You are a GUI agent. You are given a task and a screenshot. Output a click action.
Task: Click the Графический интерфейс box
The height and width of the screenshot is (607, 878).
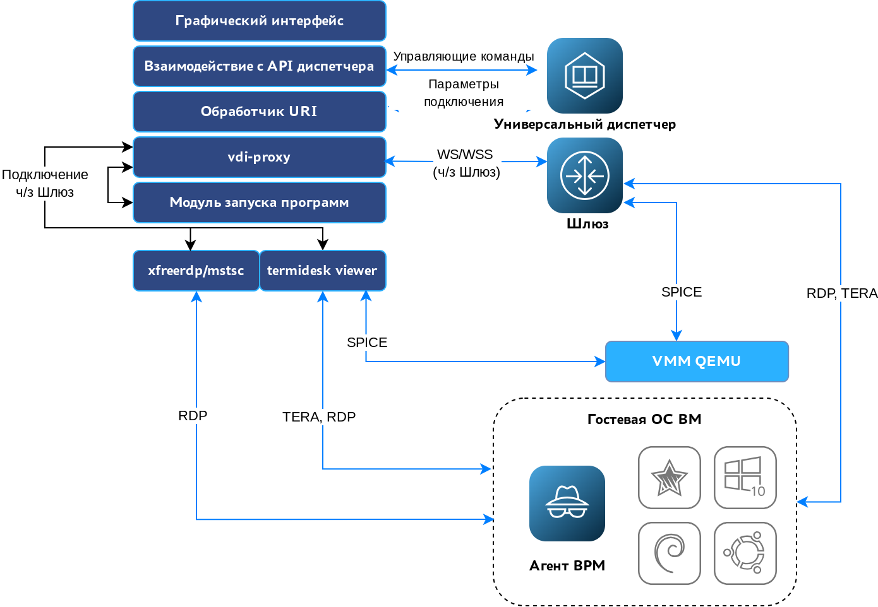coord(259,21)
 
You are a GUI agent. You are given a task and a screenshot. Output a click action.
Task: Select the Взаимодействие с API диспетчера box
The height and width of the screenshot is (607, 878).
coord(259,66)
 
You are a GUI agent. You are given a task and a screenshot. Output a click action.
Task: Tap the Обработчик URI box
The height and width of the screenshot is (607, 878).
coord(259,112)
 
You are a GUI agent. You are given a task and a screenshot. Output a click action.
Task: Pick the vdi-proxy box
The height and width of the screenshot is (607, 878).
coord(259,157)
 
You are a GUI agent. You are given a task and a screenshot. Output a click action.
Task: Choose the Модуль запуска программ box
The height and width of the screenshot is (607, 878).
coord(259,203)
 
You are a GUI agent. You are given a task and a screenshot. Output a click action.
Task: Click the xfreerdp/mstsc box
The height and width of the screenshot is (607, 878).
coord(196,271)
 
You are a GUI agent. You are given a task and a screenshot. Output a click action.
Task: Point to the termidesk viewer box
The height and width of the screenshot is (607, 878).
coord(322,271)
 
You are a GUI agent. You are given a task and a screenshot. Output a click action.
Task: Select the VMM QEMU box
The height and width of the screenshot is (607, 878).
coord(697,362)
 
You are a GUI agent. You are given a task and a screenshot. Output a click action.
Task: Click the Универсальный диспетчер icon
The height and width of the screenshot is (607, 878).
coord(584,76)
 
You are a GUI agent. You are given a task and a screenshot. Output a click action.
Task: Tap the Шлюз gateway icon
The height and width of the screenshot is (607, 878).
coord(584,175)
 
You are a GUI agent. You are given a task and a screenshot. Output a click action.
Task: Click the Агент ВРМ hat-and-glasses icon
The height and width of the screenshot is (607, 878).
coord(567,504)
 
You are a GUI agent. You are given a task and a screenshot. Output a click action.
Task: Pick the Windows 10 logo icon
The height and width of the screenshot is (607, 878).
coord(745,477)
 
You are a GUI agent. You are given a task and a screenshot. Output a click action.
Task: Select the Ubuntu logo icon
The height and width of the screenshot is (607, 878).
coord(745,553)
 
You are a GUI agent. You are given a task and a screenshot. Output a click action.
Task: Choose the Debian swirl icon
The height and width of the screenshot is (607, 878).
coord(669,553)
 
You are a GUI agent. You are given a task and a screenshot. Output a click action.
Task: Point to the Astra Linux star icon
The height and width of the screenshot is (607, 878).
coord(669,477)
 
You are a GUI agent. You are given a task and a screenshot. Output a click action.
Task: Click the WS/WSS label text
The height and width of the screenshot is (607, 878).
coord(465,155)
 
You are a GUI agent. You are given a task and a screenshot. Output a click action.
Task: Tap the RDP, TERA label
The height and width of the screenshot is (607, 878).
coord(842,293)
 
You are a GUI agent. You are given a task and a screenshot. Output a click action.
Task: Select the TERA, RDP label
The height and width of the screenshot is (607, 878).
coord(319,417)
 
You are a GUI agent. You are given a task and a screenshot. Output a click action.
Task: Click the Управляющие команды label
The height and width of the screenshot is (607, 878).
coord(464,56)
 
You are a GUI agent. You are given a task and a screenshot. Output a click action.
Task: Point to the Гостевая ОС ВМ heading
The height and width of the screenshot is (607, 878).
coord(644,420)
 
